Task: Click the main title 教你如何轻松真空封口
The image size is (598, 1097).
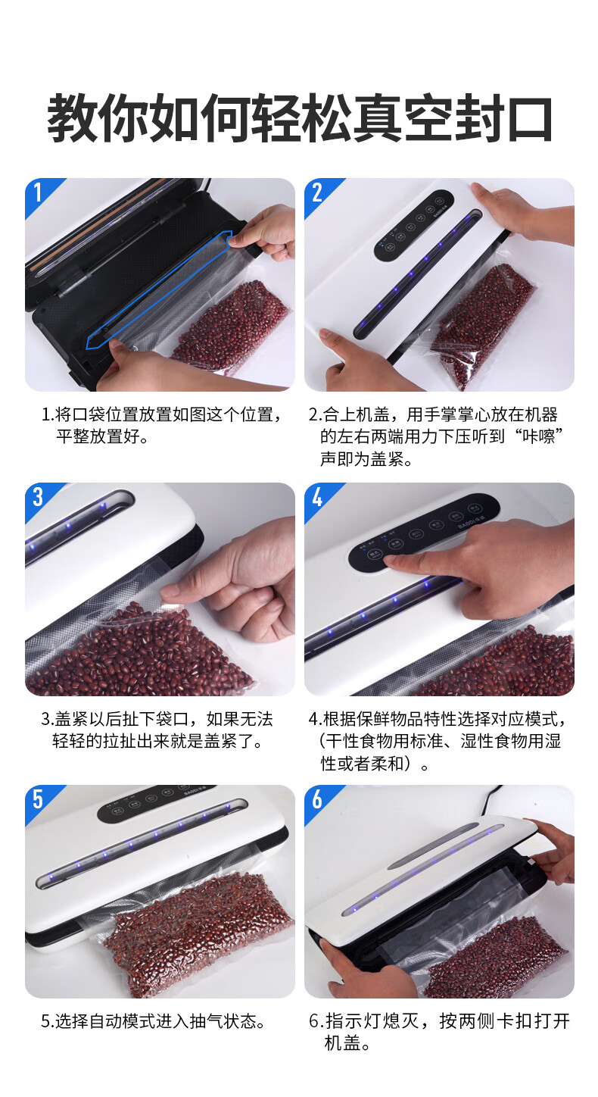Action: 300,118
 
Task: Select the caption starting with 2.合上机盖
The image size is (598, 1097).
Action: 435,436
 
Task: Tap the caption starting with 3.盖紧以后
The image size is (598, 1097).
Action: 157,730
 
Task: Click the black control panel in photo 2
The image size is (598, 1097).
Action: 413,225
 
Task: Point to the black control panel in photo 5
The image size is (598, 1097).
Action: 157,803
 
